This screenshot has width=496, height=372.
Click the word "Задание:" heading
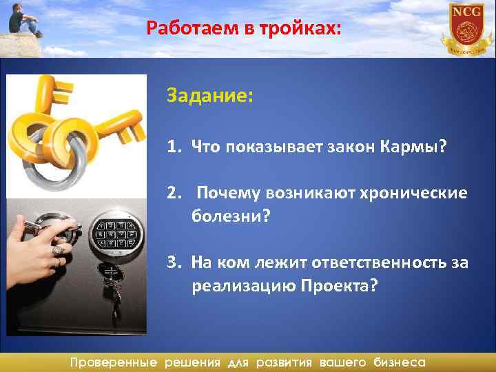coord(209,95)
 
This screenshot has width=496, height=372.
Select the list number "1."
coord(174,146)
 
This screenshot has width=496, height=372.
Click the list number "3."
coord(174,262)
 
